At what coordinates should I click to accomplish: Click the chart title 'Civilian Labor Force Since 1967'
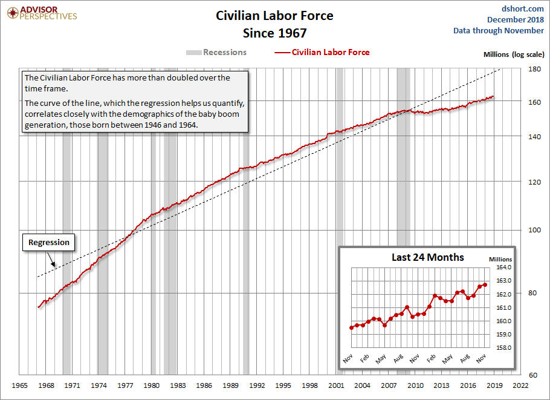(274, 24)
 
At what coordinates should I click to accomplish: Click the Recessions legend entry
(216, 52)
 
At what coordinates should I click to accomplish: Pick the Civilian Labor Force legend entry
(322, 52)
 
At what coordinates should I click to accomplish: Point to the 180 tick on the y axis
(534, 70)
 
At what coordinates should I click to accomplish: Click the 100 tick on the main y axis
(534, 230)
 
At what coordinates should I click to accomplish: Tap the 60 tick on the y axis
(534, 375)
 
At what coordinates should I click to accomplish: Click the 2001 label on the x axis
(336, 385)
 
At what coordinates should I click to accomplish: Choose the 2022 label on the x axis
(521, 385)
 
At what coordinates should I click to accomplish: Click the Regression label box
(50, 242)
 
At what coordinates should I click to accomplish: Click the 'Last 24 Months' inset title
(428, 257)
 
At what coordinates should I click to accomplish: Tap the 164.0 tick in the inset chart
(504, 267)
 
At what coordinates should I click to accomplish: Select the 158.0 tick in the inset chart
(504, 348)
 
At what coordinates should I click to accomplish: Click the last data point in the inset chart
(485, 284)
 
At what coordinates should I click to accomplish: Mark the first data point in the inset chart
(351, 327)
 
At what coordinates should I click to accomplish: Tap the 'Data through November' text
(499, 30)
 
